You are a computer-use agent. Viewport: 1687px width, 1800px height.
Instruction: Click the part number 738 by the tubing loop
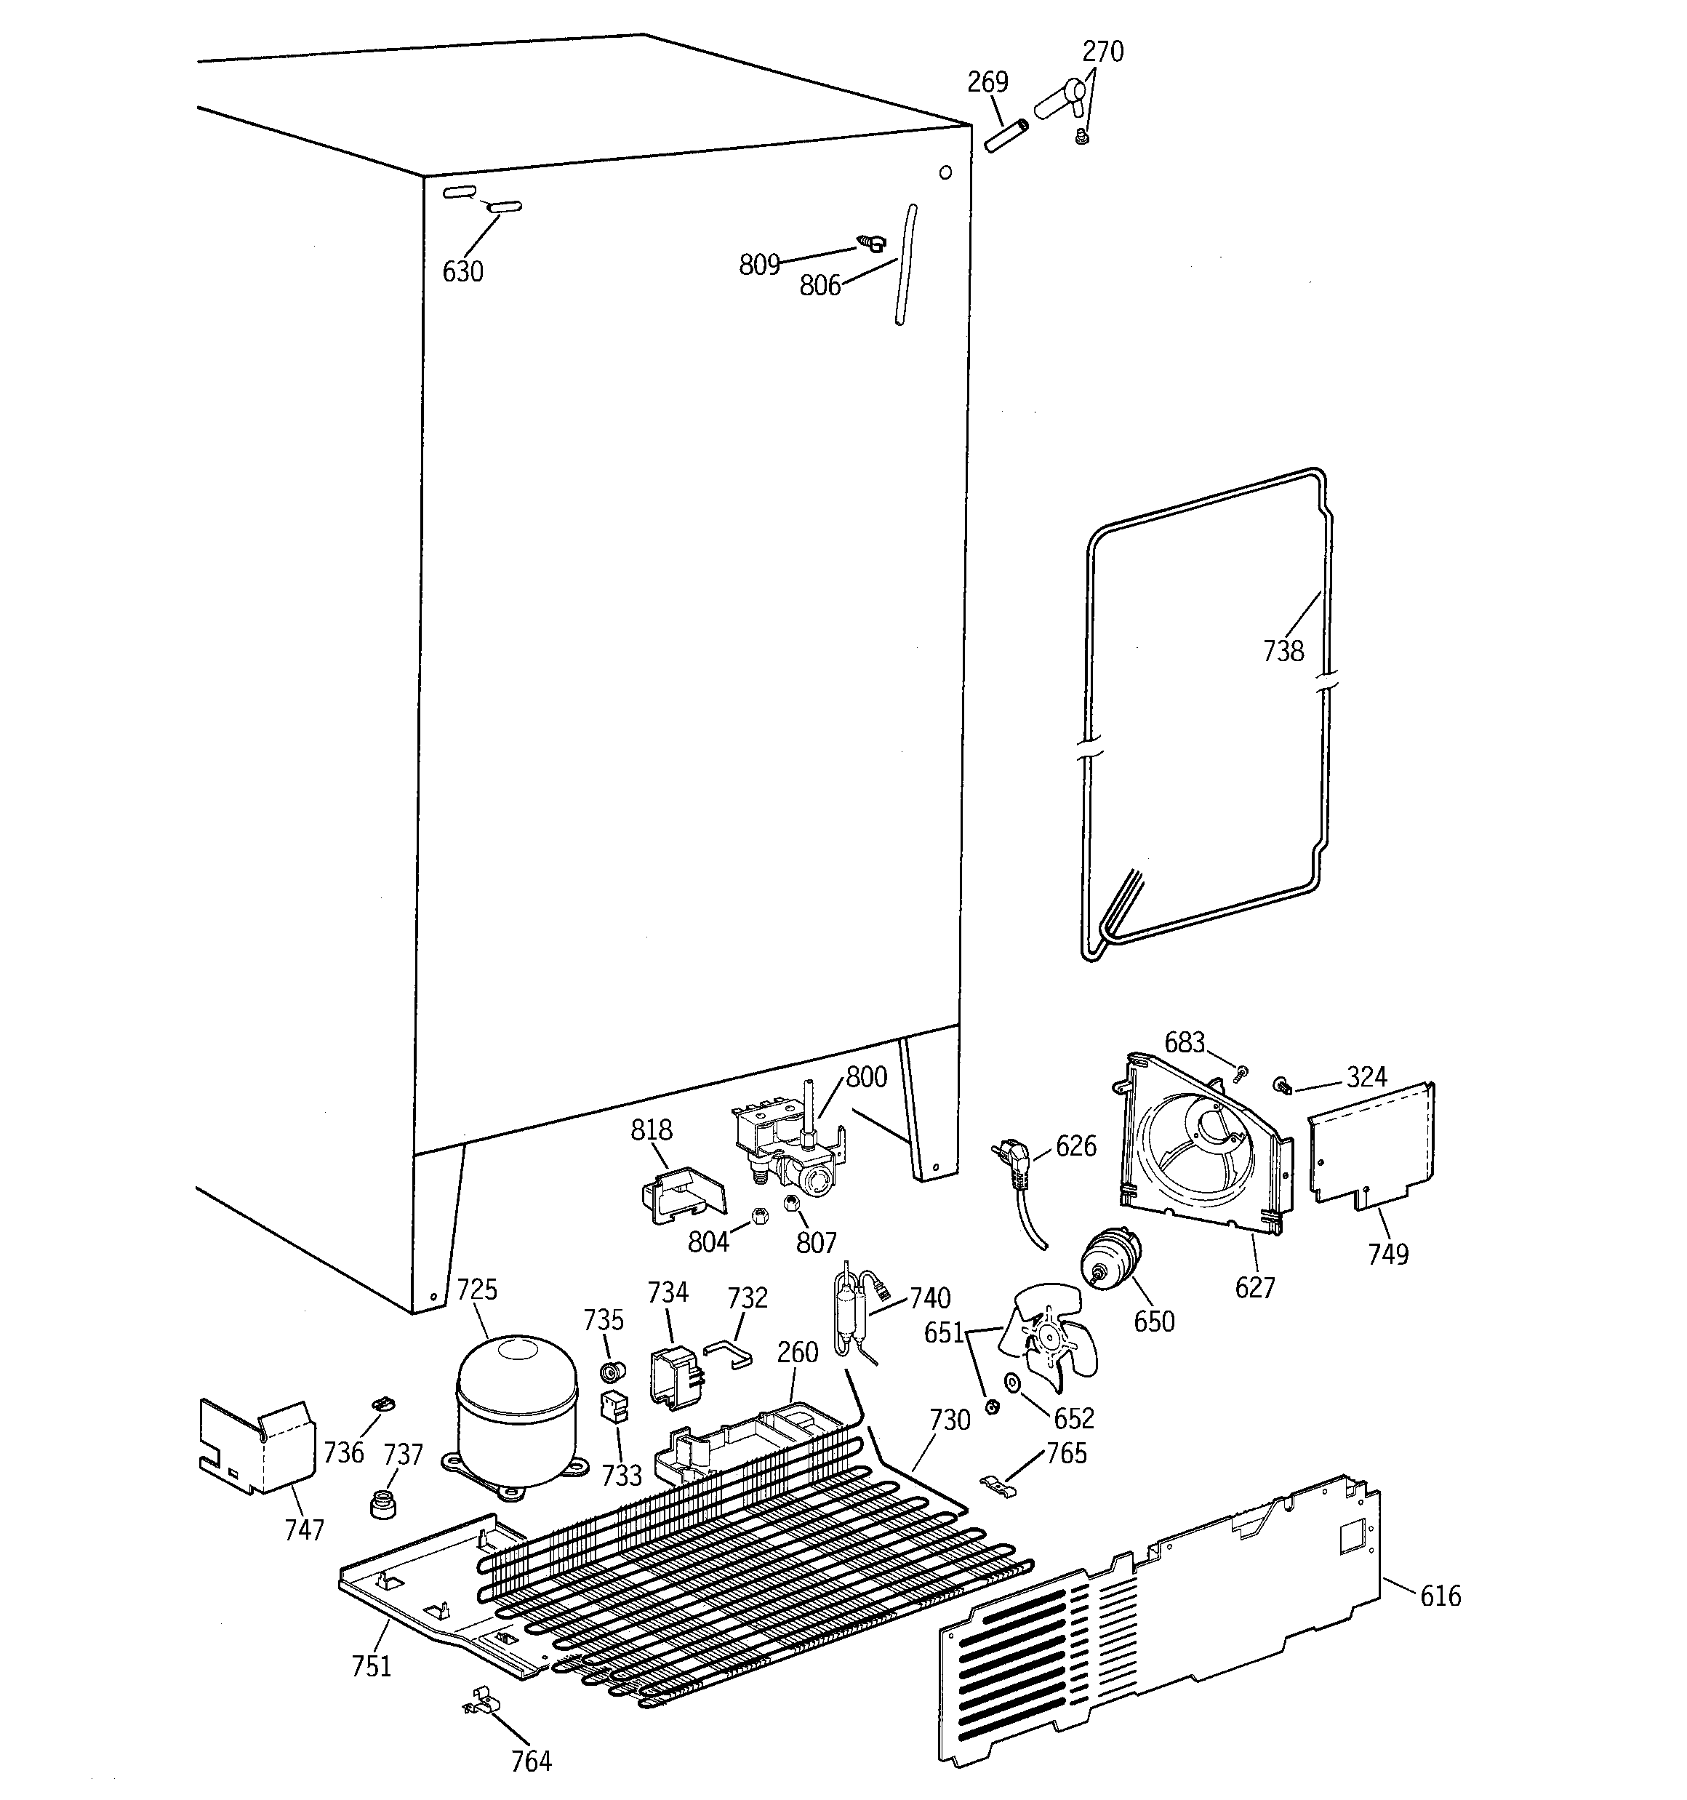point(1283,651)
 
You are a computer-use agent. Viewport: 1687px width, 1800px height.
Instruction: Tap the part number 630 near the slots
point(462,271)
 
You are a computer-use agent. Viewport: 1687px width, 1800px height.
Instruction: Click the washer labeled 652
point(1011,1383)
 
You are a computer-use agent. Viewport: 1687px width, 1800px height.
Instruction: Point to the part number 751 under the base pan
point(372,1666)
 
